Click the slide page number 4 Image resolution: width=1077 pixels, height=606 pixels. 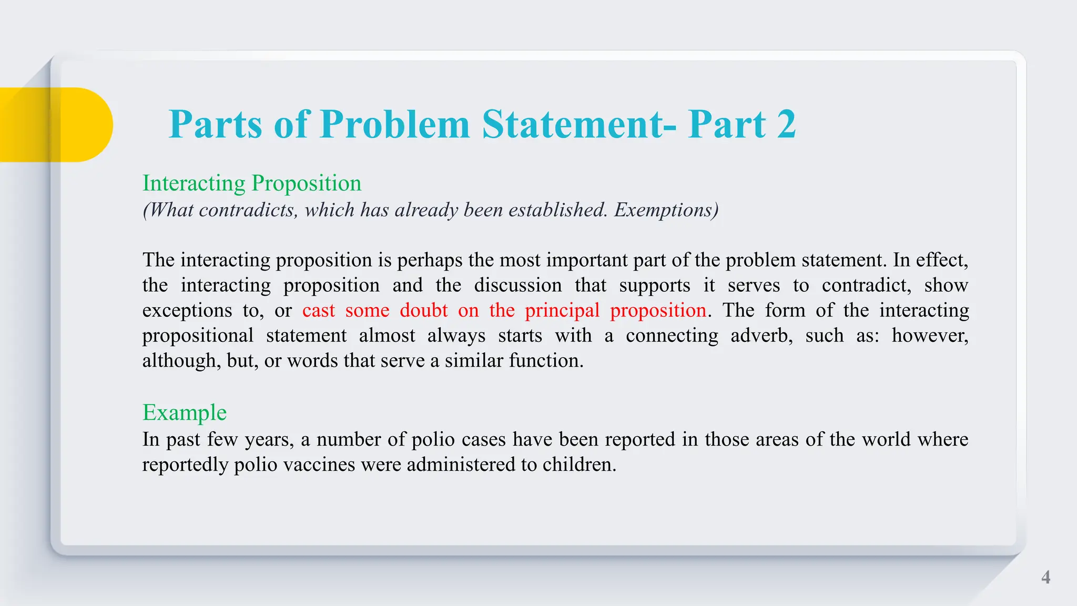1045,577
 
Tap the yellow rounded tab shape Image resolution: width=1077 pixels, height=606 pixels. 58,125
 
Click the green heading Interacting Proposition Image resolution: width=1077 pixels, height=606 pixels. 252,183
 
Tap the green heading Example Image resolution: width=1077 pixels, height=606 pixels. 185,412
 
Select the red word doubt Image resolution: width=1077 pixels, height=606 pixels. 423,310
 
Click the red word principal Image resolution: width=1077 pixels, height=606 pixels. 562,310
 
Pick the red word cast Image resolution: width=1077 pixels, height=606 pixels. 318,310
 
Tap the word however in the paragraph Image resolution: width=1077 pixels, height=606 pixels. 929,336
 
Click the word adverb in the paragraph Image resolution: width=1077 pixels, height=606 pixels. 761,336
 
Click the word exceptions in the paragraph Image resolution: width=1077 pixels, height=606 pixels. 187,310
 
